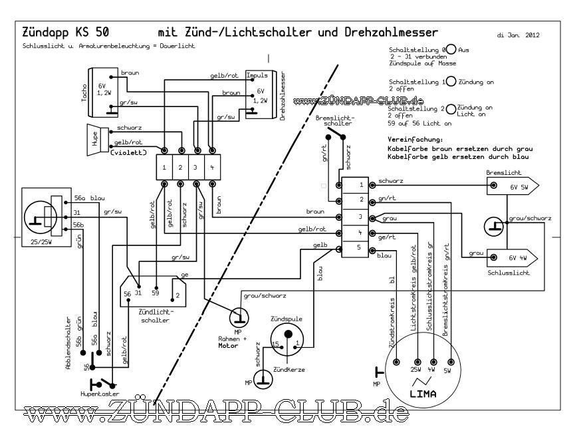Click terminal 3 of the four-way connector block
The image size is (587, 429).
pyautogui.click(x=197, y=166)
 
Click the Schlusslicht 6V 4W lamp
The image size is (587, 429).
pyautogui.click(x=513, y=257)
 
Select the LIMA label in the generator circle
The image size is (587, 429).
pyautogui.click(x=423, y=394)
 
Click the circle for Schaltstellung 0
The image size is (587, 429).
pyautogui.click(x=451, y=50)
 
